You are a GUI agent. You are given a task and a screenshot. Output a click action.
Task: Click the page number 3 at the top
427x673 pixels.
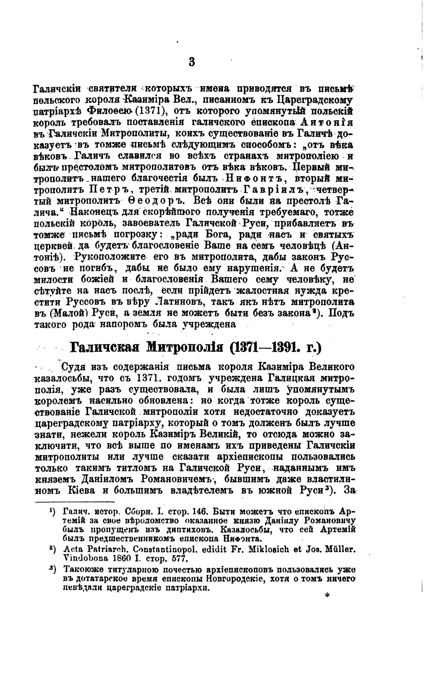coord(192,61)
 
